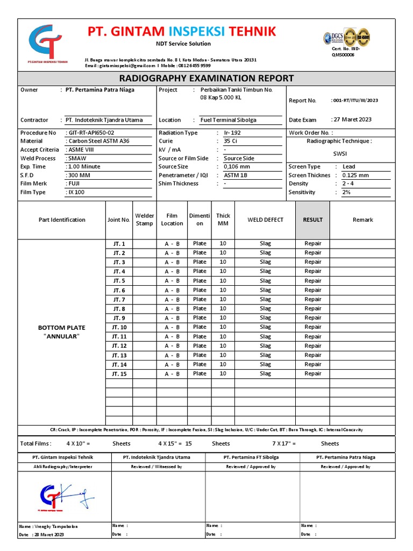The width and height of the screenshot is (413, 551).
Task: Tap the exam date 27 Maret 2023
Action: point(352,119)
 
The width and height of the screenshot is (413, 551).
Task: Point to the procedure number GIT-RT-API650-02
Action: point(90,133)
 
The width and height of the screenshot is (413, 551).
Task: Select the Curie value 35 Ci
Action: point(230,141)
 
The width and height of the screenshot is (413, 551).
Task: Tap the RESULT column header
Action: point(312,220)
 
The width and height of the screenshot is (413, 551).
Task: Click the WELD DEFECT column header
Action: point(265,220)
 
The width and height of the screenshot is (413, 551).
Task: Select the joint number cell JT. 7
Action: point(119,300)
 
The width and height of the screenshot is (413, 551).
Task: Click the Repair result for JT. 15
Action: point(312,373)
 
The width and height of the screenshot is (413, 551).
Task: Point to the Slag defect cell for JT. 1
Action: point(265,244)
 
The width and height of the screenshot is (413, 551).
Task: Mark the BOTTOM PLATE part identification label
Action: point(61,328)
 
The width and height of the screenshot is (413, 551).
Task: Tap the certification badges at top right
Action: point(346,37)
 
